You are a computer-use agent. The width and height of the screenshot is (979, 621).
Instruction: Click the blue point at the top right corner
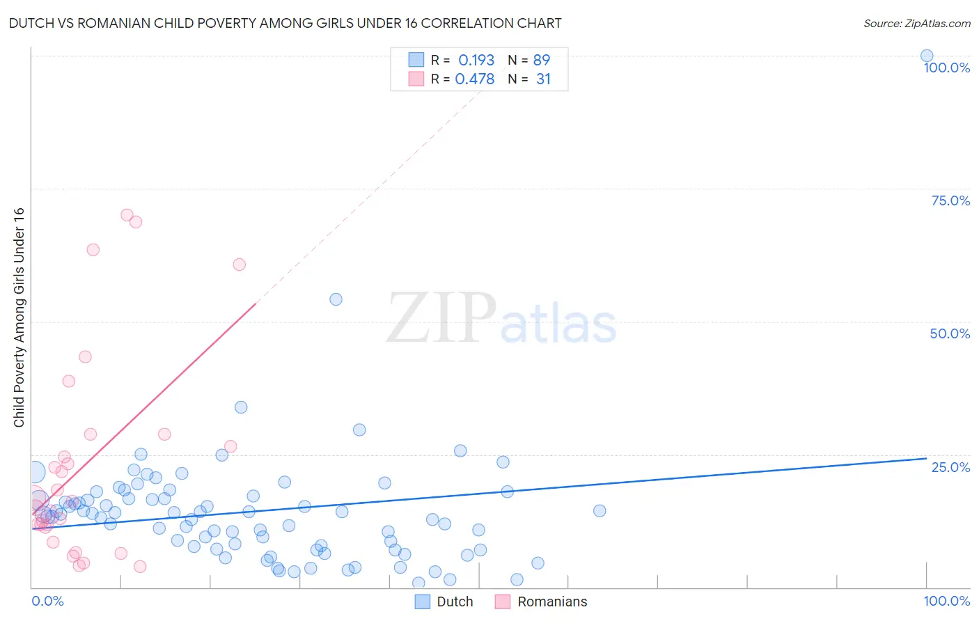926,56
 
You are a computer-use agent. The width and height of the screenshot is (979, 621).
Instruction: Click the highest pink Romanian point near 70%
127,214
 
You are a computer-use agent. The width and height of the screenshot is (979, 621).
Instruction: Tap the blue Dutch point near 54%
336,299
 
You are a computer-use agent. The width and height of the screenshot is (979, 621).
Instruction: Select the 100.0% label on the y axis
946,68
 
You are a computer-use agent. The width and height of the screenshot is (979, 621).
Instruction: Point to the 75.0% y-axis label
950,201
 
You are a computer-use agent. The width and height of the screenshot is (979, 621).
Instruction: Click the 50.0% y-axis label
950,333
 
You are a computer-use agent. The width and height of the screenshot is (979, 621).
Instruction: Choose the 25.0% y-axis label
950,467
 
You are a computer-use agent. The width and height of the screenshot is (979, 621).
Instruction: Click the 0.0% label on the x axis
47,601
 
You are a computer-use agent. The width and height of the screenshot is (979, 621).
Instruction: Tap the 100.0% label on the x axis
946,601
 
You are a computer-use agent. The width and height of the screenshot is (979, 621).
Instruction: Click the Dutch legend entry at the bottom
454,602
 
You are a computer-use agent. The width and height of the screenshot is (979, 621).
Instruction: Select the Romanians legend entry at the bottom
551,602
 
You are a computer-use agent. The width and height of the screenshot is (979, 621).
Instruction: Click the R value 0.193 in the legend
476,60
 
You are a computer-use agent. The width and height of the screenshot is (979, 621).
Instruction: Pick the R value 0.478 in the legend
474,79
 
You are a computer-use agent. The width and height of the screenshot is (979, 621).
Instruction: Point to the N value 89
541,60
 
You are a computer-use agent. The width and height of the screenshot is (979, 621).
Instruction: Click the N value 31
543,79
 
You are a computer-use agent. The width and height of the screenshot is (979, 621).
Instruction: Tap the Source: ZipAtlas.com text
916,23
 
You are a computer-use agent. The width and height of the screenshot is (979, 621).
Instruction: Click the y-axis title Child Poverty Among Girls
19,317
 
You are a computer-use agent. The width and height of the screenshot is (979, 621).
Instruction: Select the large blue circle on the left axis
34,472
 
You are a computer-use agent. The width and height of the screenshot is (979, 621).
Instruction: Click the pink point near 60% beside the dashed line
239,264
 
